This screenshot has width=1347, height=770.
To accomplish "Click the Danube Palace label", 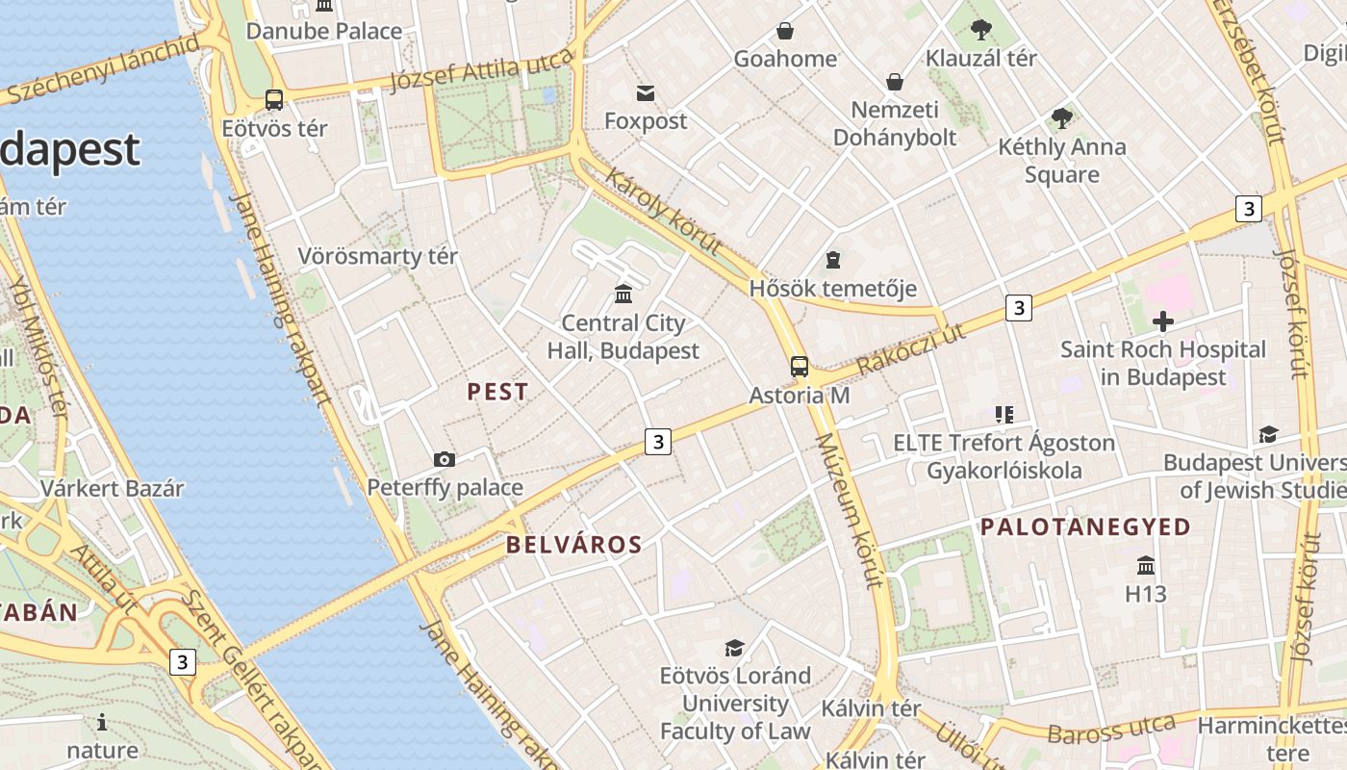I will pyautogui.click(x=324, y=31).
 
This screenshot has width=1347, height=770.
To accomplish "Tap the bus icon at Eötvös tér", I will pyautogui.click(x=274, y=99).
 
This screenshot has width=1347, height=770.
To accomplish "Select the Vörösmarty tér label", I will pyautogui.click(x=378, y=256).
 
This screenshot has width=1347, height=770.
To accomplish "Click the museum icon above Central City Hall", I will pyautogui.click(x=623, y=294).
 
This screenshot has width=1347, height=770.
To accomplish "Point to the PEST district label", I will pyautogui.click(x=497, y=392).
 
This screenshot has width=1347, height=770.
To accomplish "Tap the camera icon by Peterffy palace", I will pyautogui.click(x=445, y=459).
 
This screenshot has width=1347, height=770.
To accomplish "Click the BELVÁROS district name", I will pyautogui.click(x=574, y=545).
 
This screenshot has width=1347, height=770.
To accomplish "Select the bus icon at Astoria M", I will pyautogui.click(x=800, y=366).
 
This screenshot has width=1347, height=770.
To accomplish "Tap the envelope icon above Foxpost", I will pyautogui.click(x=646, y=92).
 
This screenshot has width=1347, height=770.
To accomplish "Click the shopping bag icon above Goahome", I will pyautogui.click(x=785, y=31).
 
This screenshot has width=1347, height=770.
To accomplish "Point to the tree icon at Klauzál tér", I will pyautogui.click(x=981, y=30).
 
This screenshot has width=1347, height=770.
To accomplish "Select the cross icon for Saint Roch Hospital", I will pyautogui.click(x=1163, y=321).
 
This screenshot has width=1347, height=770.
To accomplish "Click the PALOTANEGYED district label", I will pyautogui.click(x=1085, y=527).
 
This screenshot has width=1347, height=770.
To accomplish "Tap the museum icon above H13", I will pyautogui.click(x=1145, y=565).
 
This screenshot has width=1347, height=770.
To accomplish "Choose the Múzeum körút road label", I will pyautogui.click(x=848, y=510).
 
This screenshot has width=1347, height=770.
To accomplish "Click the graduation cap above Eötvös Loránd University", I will pyautogui.click(x=735, y=648).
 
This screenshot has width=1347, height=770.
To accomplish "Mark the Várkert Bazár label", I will pyautogui.click(x=112, y=488).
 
